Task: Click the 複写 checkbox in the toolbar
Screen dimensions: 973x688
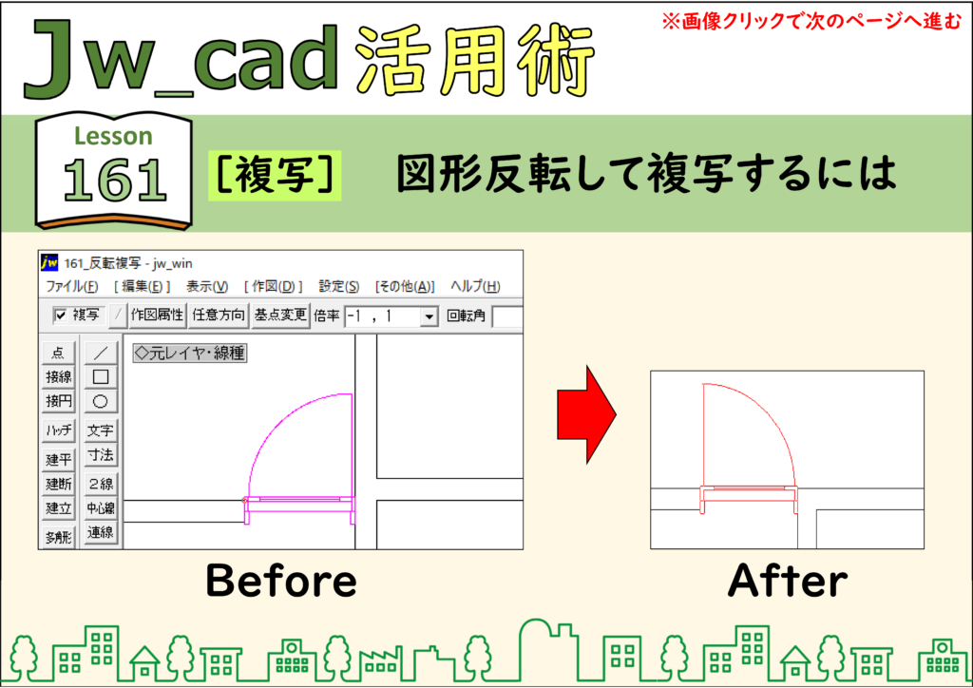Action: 60,315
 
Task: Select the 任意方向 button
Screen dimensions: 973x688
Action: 219,315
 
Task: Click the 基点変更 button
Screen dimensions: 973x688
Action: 280,315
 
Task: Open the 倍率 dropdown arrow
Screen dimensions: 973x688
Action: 429,317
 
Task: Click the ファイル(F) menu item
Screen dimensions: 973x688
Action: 72,286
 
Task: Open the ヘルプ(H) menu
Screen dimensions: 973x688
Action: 475,286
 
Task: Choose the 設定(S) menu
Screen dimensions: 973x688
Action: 339,286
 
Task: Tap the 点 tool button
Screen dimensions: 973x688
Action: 58,353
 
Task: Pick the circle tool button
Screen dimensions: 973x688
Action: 100,401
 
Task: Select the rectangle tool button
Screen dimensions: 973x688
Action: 100,376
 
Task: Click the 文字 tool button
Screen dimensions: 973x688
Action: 100,430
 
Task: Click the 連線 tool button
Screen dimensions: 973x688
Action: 100,532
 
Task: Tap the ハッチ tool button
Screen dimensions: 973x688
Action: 58,430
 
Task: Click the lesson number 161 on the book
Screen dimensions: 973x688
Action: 115,181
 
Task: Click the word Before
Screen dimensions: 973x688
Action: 281,581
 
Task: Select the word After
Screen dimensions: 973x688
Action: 788,581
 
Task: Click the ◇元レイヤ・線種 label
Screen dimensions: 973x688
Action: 190,353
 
